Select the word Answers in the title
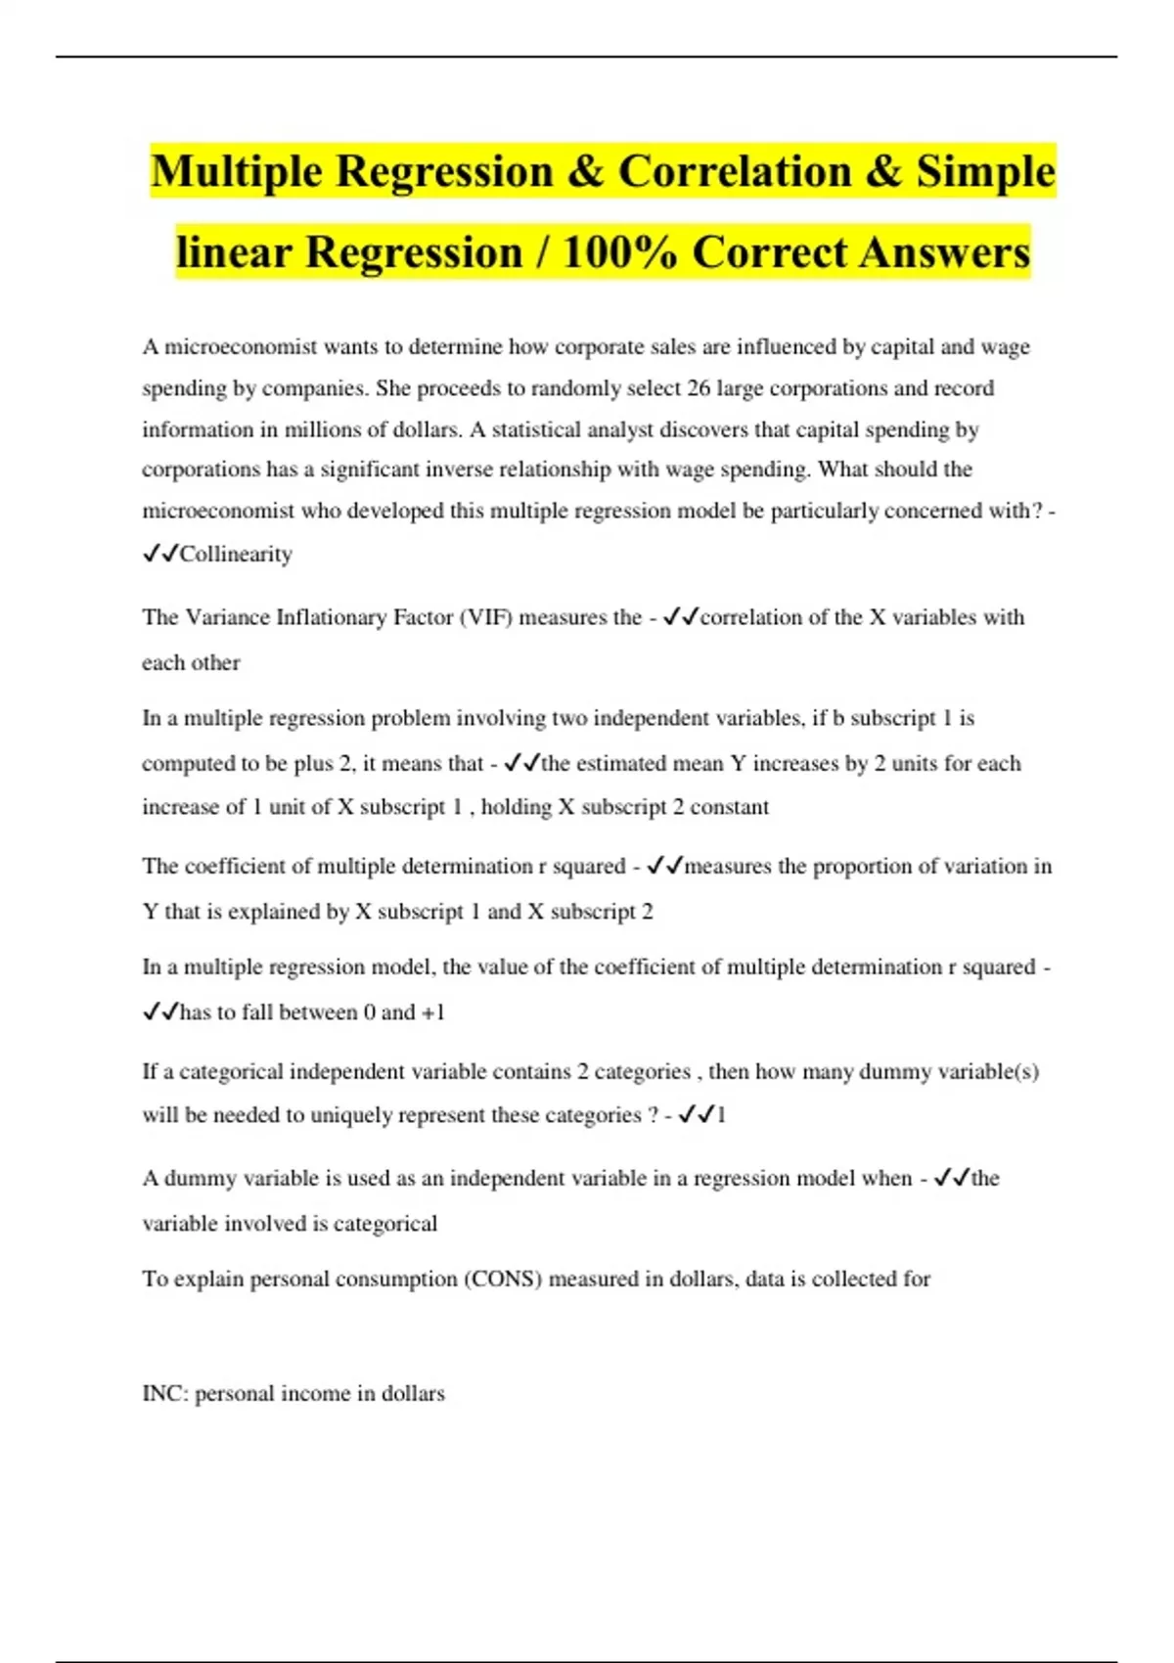[x=944, y=253]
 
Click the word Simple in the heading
[x=985, y=172]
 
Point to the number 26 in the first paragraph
[x=698, y=388]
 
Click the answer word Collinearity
[x=236, y=555]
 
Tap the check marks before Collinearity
[x=159, y=555]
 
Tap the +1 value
[x=432, y=1012]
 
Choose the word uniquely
[x=347, y=1115]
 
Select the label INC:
[x=165, y=1394]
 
